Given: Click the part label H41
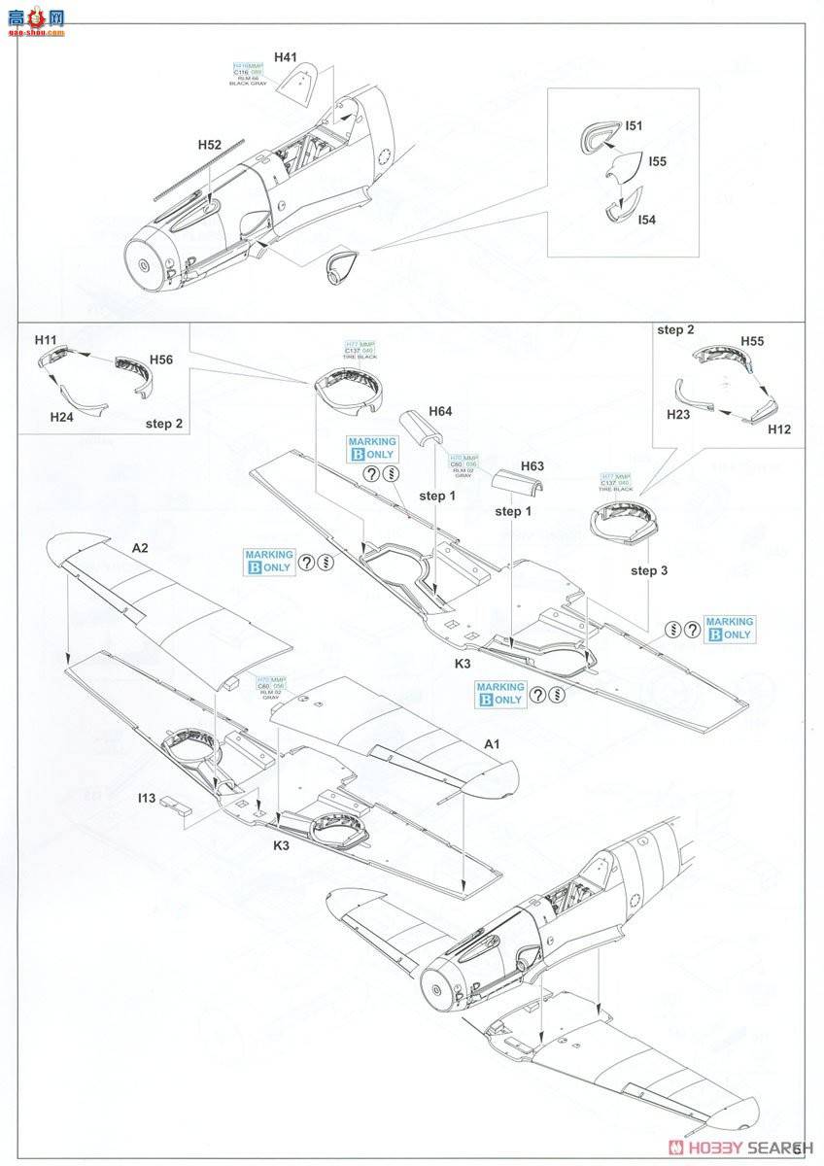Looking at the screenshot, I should tap(285, 57).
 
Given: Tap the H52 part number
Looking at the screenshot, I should tap(209, 145).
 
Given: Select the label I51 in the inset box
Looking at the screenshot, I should tap(634, 126).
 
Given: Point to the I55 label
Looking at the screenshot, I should tap(657, 161).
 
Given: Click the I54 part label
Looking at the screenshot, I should tap(646, 221).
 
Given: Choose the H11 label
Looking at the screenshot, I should tap(46, 340).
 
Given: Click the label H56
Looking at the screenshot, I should tap(162, 360).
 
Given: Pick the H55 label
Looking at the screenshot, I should tap(752, 342).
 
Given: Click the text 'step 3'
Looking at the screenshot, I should tap(650, 570).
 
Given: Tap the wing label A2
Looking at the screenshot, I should tap(140, 548).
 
